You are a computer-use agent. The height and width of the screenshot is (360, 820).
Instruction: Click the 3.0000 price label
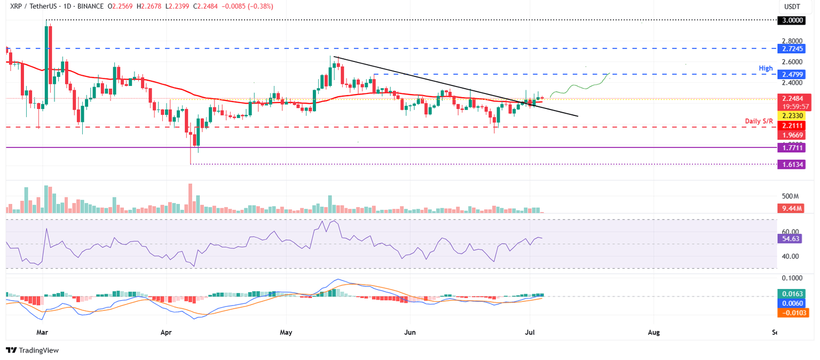792,20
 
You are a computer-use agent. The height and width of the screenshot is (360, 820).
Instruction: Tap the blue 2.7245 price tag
792,48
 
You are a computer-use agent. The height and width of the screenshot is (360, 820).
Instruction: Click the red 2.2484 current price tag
792,98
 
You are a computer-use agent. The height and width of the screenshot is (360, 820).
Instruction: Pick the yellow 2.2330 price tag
792,116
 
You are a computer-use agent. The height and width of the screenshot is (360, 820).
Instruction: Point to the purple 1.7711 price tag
792,147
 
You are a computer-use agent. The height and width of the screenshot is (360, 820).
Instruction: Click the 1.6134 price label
792,165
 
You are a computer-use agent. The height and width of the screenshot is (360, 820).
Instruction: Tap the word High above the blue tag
766,69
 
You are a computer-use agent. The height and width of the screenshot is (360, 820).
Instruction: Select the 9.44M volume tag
791,209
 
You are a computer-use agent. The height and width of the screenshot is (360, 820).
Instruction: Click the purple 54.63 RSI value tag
791,238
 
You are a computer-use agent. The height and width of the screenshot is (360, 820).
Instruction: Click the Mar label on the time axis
43,332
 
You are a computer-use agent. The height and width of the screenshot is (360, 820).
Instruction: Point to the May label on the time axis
287,332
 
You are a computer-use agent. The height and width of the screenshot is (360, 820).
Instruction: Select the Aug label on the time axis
654,332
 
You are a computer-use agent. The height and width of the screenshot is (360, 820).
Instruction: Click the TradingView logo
32,350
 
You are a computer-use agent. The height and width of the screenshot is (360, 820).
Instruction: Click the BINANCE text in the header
80,6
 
